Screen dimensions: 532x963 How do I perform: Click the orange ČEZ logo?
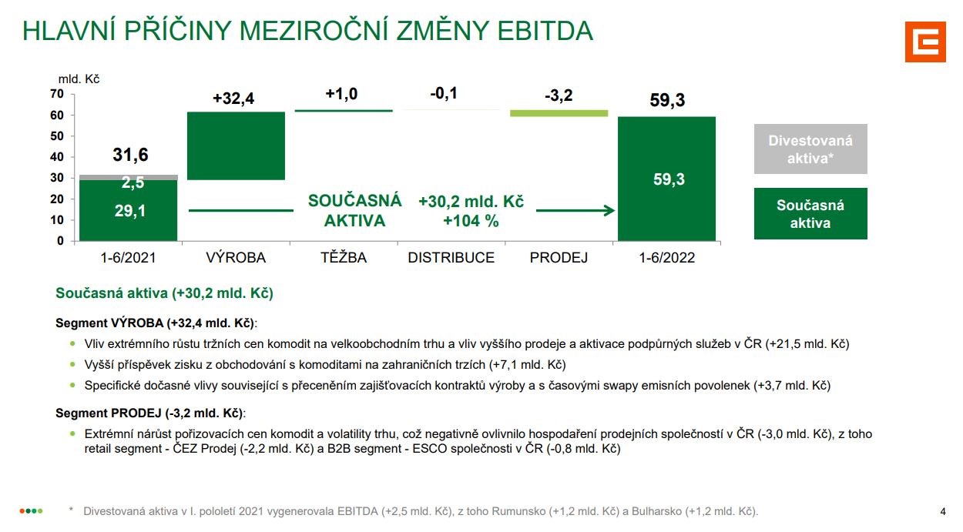pyautogui.click(x=924, y=41)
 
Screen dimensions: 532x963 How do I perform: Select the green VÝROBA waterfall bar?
pyautogui.click(x=236, y=146)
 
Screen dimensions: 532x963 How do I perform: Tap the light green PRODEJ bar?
pyautogui.click(x=559, y=113)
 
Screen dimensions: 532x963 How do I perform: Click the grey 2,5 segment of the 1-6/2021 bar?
pyautogui.click(x=129, y=178)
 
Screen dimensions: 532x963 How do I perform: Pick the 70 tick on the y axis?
pyautogui.click(x=57, y=94)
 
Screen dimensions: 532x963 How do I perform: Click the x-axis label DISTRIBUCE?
pyautogui.click(x=451, y=258)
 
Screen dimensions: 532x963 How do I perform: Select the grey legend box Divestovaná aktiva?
pyautogui.click(x=810, y=149)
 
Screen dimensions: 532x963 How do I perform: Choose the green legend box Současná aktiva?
pyautogui.click(x=810, y=213)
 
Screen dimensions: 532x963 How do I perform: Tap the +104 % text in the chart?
pyautogui.click(x=471, y=221)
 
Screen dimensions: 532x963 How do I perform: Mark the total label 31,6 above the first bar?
pyautogui.click(x=129, y=155)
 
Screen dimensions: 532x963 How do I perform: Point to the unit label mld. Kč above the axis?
pyautogui.click(x=79, y=79)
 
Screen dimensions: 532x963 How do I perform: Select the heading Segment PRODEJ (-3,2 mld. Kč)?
pyautogui.click(x=151, y=413)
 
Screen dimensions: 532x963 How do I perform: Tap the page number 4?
pyautogui.click(x=943, y=511)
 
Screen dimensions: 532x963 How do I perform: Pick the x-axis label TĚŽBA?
pyautogui.click(x=344, y=258)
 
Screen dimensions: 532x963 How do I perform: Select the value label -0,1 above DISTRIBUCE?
pyautogui.click(x=444, y=94)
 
